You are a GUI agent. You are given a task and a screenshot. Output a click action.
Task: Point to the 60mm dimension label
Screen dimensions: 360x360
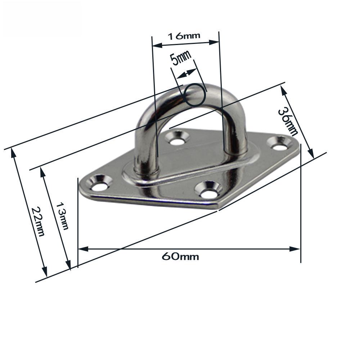pos(180,257)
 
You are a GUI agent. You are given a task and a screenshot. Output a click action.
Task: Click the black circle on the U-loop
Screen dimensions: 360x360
pos(195,95)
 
